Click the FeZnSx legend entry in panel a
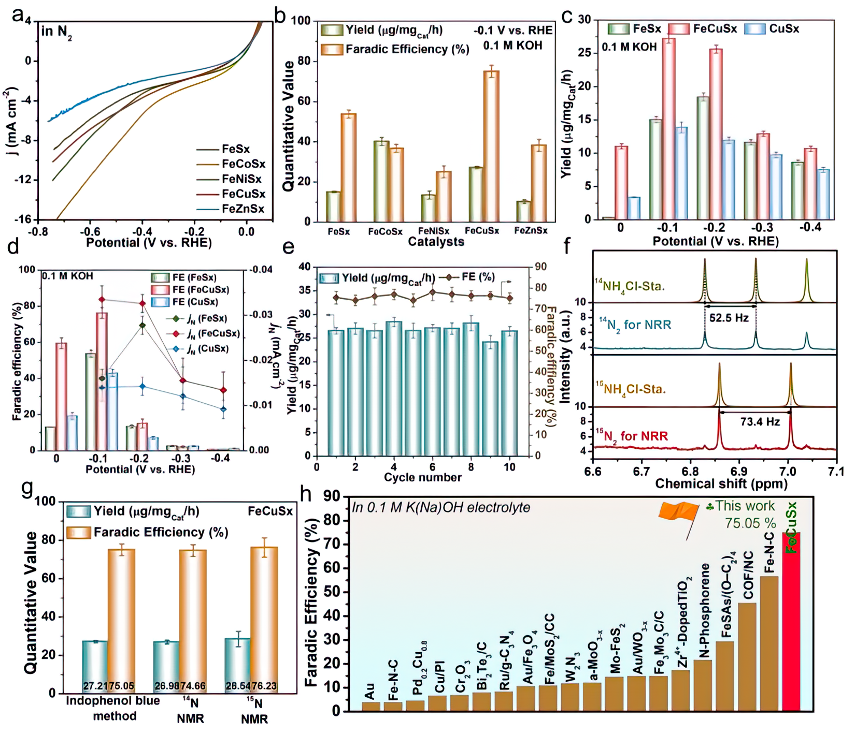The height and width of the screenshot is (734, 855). click(243, 209)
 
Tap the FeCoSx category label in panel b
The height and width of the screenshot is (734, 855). click(385, 231)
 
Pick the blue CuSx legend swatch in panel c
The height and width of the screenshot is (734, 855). click(754, 29)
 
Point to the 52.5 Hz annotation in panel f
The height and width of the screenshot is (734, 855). click(729, 318)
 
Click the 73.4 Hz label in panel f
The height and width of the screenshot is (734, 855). click(760, 422)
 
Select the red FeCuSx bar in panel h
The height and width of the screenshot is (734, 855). click(791, 621)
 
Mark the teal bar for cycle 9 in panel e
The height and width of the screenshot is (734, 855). click(490, 399)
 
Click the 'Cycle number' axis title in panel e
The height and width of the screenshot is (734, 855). click(422, 477)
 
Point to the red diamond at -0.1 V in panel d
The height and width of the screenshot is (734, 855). click(102, 299)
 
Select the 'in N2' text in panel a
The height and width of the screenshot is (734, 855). click(56, 32)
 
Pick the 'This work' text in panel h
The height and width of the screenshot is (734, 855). click(745, 506)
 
